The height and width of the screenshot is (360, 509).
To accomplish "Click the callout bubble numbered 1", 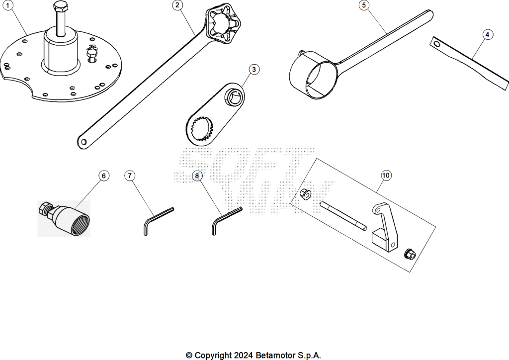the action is (x=8, y=5).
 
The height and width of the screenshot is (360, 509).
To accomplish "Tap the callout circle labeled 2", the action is (x=177, y=5).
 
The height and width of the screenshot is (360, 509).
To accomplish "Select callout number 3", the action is (x=254, y=70).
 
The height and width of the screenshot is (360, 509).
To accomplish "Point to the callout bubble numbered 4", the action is (x=488, y=34).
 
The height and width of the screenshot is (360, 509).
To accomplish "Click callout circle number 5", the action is (x=364, y=5).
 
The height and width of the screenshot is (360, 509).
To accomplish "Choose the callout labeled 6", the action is (x=103, y=176).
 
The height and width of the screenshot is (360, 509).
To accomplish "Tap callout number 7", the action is (x=130, y=176).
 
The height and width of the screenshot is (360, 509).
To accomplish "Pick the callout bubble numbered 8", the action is (x=197, y=176).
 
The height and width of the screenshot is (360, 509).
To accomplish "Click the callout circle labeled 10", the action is (x=386, y=176).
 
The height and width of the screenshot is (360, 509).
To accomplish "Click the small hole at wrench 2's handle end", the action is (x=84, y=142).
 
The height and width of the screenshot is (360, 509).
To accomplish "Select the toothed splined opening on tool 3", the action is (x=202, y=129).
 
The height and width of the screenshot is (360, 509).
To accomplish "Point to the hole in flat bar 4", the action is (x=437, y=43).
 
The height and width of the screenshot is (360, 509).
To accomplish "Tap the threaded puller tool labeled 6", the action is (x=64, y=218).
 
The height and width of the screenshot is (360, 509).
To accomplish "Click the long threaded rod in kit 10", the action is (x=343, y=216).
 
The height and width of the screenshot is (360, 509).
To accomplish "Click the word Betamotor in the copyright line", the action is (x=275, y=355).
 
